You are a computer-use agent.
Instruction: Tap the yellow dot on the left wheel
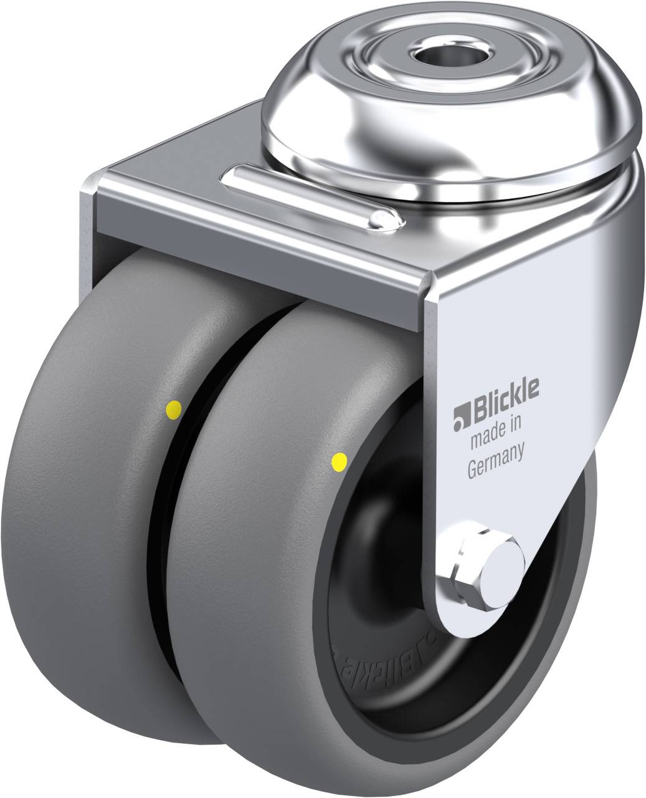click(x=173, y=409)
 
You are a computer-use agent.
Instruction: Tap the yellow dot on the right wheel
click(x=340, y=461)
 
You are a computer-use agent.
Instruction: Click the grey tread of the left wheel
click(x=81, y=530)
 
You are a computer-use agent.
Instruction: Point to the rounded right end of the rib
click(x=389, y=219)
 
